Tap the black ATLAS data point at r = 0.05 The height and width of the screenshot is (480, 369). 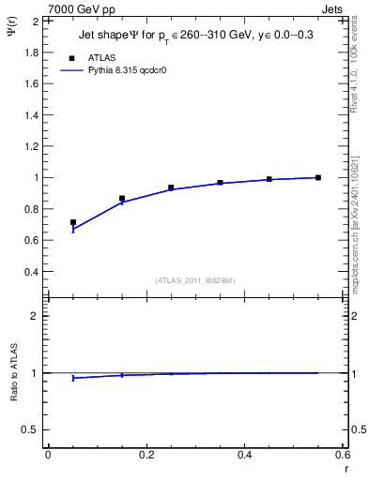[73, 222]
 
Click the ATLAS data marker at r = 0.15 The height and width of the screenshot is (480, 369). [122, 199]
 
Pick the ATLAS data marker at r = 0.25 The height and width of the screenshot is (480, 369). [171, 187]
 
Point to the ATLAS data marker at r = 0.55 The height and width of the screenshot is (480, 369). [318, 177]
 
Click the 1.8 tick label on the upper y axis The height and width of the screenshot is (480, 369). [31, 52]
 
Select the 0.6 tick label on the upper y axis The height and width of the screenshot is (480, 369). [31, 240]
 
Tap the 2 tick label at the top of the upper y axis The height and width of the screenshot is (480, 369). [36, 20]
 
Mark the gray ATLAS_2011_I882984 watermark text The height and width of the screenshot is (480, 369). [194, 280]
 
